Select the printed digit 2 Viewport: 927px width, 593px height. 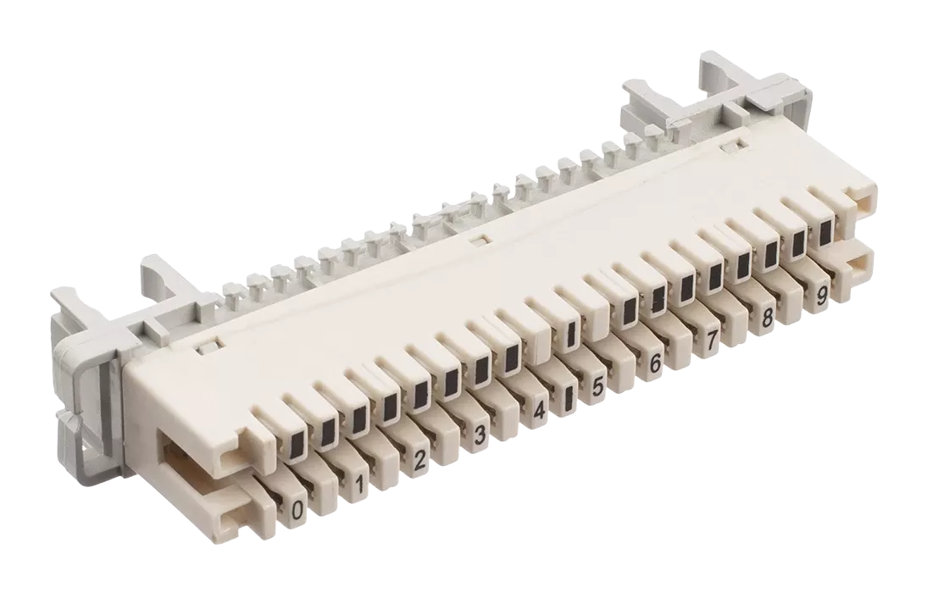point(419,459)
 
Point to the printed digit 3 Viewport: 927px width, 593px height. point(480,435)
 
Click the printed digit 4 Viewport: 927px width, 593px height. point(539,411)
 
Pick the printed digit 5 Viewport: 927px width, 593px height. point(597,388)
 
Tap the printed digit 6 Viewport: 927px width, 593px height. point(655,364)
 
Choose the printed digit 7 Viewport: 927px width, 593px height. point(712,341)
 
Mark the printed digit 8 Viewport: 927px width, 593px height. point(768,318)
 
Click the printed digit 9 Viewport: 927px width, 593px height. point(821,296)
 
